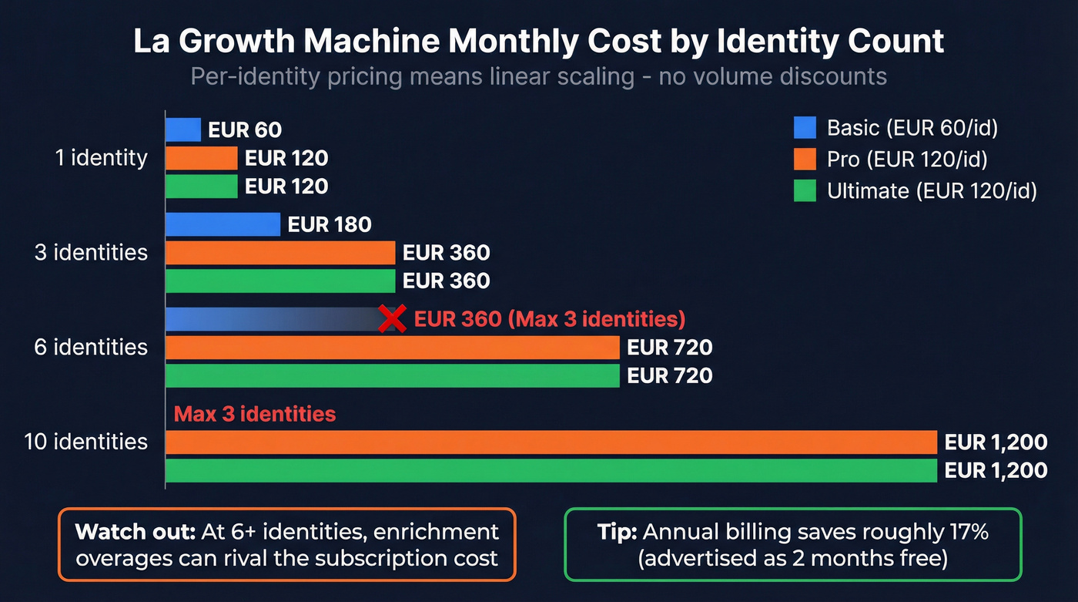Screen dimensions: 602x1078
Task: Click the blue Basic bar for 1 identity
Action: pyautogui.click(x=183, y=129)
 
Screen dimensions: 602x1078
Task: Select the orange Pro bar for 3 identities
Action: pyautogui.click(x=280, y=253)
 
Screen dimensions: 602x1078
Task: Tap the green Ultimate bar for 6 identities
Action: pyautogui.click(x=393, y=375)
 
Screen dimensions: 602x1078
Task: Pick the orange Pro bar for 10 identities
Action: pyautogui.click(x=551, y=442)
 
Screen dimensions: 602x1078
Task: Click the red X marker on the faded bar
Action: pyautogui.click(x=393, y=318)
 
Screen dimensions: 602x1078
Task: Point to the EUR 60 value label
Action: pyautogui.click(x=245, y=130)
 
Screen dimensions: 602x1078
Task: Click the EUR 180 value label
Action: pyautogui.click(x=330, y=225)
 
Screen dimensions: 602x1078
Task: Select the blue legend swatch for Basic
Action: pyautogui.click(x=805, y=127)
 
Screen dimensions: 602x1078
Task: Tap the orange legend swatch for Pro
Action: pyautogui.click(x=805, y=159)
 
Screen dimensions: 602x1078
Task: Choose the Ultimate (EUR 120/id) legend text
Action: pyautogui.click(x=932, y=191)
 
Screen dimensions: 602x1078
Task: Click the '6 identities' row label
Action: pyautogui.click(x=91, y=348)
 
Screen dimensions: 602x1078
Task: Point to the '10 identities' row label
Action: pyautogui.click(x=85, y=442)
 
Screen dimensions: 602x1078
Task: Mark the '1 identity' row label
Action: pyautogui.click(x=101, y=158)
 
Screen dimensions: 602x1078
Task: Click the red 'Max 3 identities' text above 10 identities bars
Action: pyautogui.click(x=255, y=414)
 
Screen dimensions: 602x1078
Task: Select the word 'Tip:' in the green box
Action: pyautogui.click(x=618, y=532)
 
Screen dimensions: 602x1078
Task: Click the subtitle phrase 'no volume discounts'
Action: pyautogui.click(x=773, y=77)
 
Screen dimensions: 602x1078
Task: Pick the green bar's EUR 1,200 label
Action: pyautogui.click(x=996, y=470)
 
